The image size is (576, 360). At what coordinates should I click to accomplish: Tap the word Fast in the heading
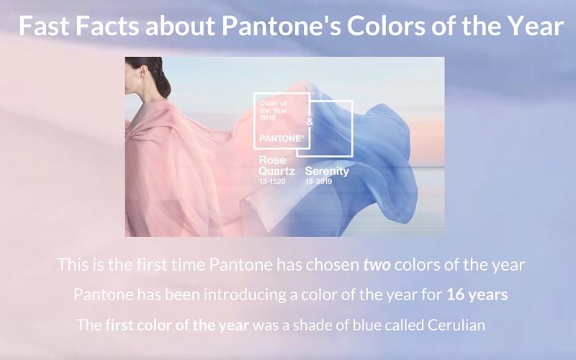44,26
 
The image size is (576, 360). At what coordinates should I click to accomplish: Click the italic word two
377,264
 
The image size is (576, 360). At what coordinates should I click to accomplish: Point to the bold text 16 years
477,294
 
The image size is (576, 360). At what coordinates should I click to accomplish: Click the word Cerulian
456,325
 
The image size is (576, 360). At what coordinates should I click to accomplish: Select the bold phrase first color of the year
177,325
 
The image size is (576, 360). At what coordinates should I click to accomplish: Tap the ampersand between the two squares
310,122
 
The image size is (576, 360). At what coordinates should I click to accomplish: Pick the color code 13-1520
272,181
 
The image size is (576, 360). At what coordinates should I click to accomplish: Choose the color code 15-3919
318,181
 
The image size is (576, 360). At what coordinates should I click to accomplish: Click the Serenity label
327,171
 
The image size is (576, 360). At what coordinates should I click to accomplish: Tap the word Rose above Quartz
272,160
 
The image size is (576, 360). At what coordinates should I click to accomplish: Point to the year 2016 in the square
267,117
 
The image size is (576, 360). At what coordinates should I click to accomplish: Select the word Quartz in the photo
276,171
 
